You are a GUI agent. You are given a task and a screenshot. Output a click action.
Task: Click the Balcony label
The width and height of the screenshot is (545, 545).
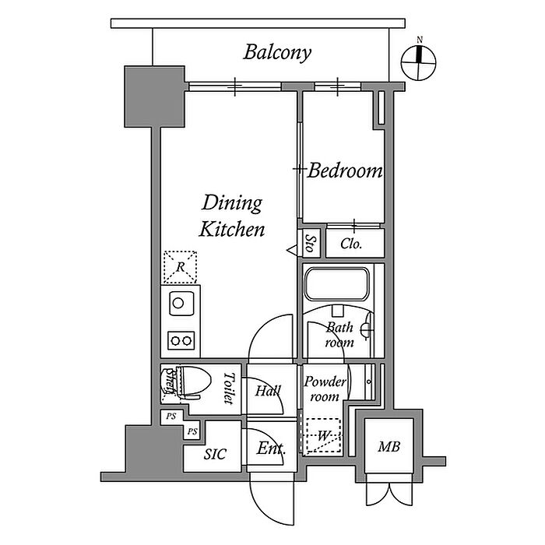[x=277, y=53]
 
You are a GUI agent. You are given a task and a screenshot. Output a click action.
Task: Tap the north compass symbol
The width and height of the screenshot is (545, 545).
[x=419, y=62]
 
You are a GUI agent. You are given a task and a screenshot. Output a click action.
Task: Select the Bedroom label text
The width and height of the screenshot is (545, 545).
[x=345, y=171]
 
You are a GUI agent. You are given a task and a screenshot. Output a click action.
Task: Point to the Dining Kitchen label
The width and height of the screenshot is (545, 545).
[x=232, y=216]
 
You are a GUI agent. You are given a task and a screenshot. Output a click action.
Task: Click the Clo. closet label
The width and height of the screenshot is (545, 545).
[x=352, y=244]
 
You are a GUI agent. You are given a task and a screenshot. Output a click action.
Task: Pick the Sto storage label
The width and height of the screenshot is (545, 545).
[x=310, y=244]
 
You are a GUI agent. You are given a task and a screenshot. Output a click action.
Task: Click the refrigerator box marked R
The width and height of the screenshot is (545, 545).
[x=181, y=267]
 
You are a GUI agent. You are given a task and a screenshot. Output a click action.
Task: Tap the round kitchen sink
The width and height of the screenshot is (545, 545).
[x=178, y=302]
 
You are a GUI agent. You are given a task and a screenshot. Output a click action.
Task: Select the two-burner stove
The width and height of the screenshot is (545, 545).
[x=181, y=339]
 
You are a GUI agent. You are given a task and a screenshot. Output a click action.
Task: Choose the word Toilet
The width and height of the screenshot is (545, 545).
[x=228, y=389]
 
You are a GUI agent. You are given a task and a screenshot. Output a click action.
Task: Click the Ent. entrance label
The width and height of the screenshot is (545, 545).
[x=270, y=449]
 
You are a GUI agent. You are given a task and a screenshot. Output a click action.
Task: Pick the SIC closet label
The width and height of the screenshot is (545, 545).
[x=214, y=454]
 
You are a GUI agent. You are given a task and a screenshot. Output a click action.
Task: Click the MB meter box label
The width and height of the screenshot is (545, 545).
[x=389, y=448]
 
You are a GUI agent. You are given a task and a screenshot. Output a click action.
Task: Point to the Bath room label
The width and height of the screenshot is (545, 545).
[x=339, y=335]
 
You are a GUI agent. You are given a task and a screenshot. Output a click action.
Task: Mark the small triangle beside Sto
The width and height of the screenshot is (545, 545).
[x=292, y=250]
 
